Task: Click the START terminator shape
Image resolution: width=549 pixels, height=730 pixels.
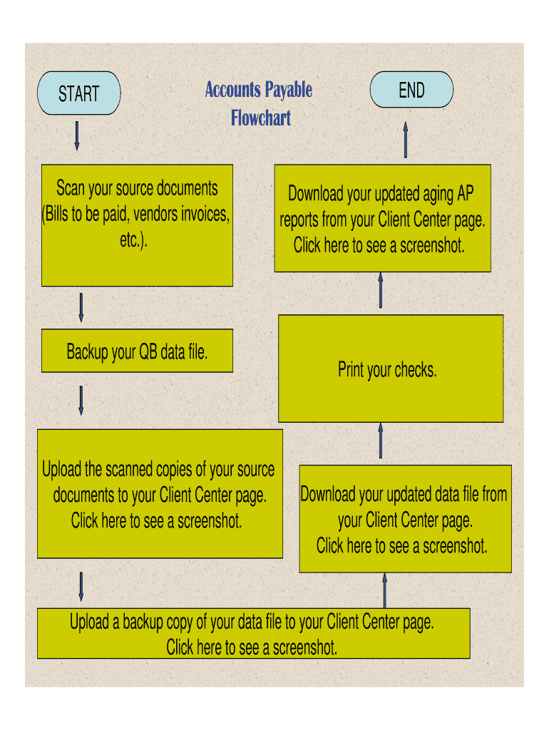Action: click(x=78, y=93)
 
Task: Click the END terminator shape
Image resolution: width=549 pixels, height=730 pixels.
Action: click(x=411, y=91)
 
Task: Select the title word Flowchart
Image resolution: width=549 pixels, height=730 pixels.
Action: click(x=261, y=118)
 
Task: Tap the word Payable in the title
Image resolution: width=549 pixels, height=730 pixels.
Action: click(x=288, y=90)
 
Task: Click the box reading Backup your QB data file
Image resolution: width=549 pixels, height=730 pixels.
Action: click(x=137, y=351)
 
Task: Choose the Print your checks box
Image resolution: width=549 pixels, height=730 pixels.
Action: click(x=390, y=369)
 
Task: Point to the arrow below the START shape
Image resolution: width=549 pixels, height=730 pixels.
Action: click(x=77, y=135)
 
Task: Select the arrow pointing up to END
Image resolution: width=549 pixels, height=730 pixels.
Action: click(x=406, y=139)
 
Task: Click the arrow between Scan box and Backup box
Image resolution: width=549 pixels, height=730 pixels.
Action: click(x=81, y=307)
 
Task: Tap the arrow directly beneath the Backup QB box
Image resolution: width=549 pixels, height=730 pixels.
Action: click(x=81, y=401)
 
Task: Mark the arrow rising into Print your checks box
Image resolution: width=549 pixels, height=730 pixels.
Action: click(x=381, y=441)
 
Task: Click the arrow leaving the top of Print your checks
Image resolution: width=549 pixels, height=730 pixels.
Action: click(x=381, y=291)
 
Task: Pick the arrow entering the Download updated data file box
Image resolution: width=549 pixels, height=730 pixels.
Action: click(x=384, y=590)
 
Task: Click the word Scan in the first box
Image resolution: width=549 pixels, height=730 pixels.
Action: click(x=71, y=189)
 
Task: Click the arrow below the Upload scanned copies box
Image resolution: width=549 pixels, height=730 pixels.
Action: click(x=81, y=585)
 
